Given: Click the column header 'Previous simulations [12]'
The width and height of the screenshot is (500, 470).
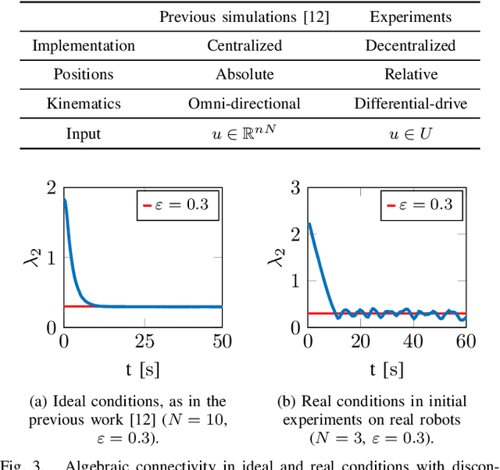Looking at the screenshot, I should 245,16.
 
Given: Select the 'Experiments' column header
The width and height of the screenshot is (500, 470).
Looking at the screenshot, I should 410,16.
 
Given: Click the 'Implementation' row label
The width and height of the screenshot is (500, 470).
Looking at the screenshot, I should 84,45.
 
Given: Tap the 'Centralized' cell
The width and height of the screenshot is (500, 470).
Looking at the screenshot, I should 245,45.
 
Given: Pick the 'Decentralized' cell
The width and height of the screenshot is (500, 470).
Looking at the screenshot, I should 410,45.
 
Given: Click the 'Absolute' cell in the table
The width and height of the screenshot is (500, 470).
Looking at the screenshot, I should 245,75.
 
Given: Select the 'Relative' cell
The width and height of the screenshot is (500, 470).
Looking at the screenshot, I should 410,75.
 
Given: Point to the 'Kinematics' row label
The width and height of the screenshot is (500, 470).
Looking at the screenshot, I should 84,104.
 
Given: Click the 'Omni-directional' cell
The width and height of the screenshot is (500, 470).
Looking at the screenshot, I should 245,104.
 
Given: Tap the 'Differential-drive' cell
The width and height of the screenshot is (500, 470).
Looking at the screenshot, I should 410,104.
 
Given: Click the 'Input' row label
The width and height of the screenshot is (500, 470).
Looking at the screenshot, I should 84,134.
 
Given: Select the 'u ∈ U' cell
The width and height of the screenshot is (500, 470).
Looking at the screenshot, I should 410,134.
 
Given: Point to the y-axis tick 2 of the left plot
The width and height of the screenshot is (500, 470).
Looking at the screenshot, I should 52,188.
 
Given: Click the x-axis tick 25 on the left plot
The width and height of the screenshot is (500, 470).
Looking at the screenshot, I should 144,341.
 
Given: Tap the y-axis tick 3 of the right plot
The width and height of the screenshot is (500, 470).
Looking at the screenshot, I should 295,188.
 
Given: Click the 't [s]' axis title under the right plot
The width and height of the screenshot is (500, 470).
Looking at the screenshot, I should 386,369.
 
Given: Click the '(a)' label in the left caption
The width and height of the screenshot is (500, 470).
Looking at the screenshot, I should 38,401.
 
